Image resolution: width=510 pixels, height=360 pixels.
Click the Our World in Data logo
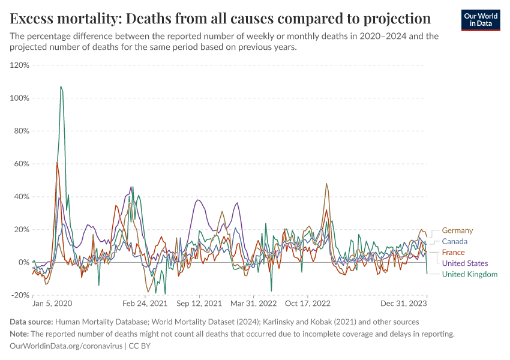pyautogui.click(x=480, y=20)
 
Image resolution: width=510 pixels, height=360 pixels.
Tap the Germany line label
pyautogui.click(x=457, y=230)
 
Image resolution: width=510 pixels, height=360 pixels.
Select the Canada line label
pyautogui.click(x=455, y=241)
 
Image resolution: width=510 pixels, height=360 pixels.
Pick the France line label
pyautogui.click(x=453, y=253)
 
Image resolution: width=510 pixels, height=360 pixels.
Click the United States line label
pyautogui.click(x=465, y=263)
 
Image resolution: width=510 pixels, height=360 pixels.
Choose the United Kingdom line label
pyautogui.click(x=470, y=274)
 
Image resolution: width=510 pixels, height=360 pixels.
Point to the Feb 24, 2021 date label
pyautogui.click(x=145, y=304)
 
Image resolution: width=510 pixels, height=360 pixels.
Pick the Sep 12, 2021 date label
pyautogui.click(x=199, y=304)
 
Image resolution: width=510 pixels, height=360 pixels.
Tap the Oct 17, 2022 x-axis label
pyautogui.click(x=308, y=304)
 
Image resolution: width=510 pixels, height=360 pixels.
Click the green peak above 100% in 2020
pyautogui.click(x=61, y=86)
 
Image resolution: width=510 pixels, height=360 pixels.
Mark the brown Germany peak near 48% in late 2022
pyautogui.click(x=326, y=184)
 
